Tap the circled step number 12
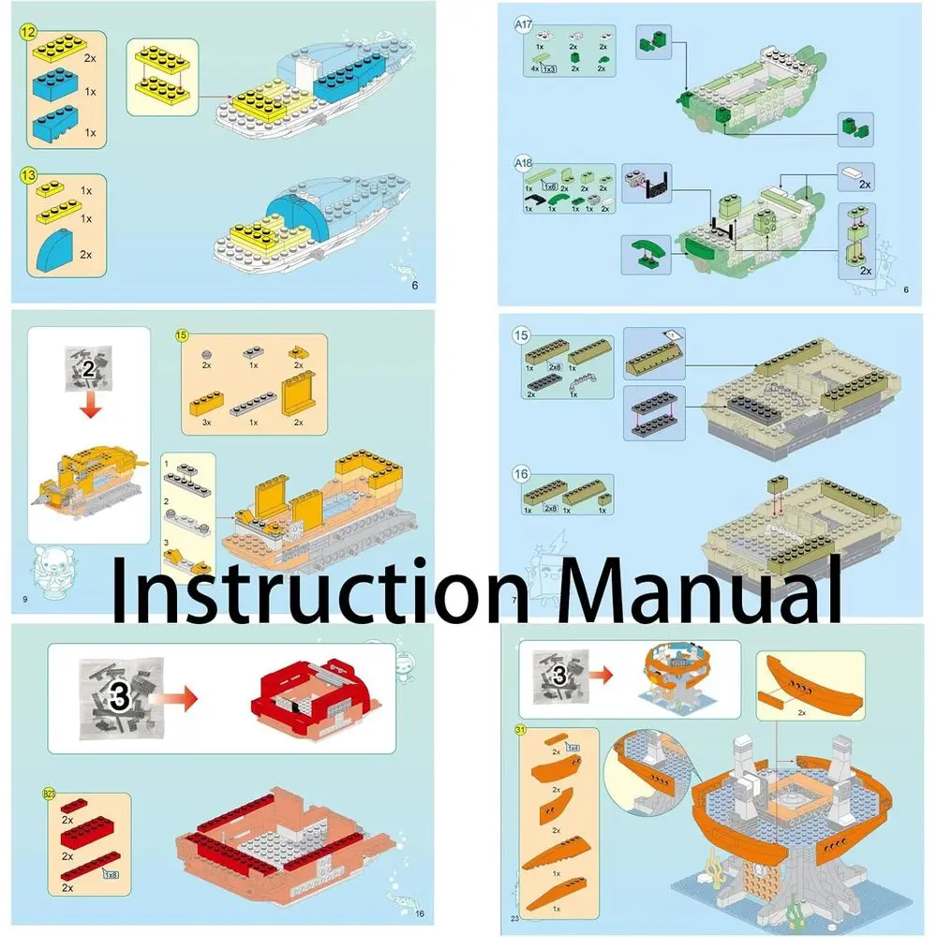(30, 31)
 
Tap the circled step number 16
(522, 475)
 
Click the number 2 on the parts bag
(88, 368)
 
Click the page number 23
(514, 917)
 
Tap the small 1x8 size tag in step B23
(111, 874)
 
